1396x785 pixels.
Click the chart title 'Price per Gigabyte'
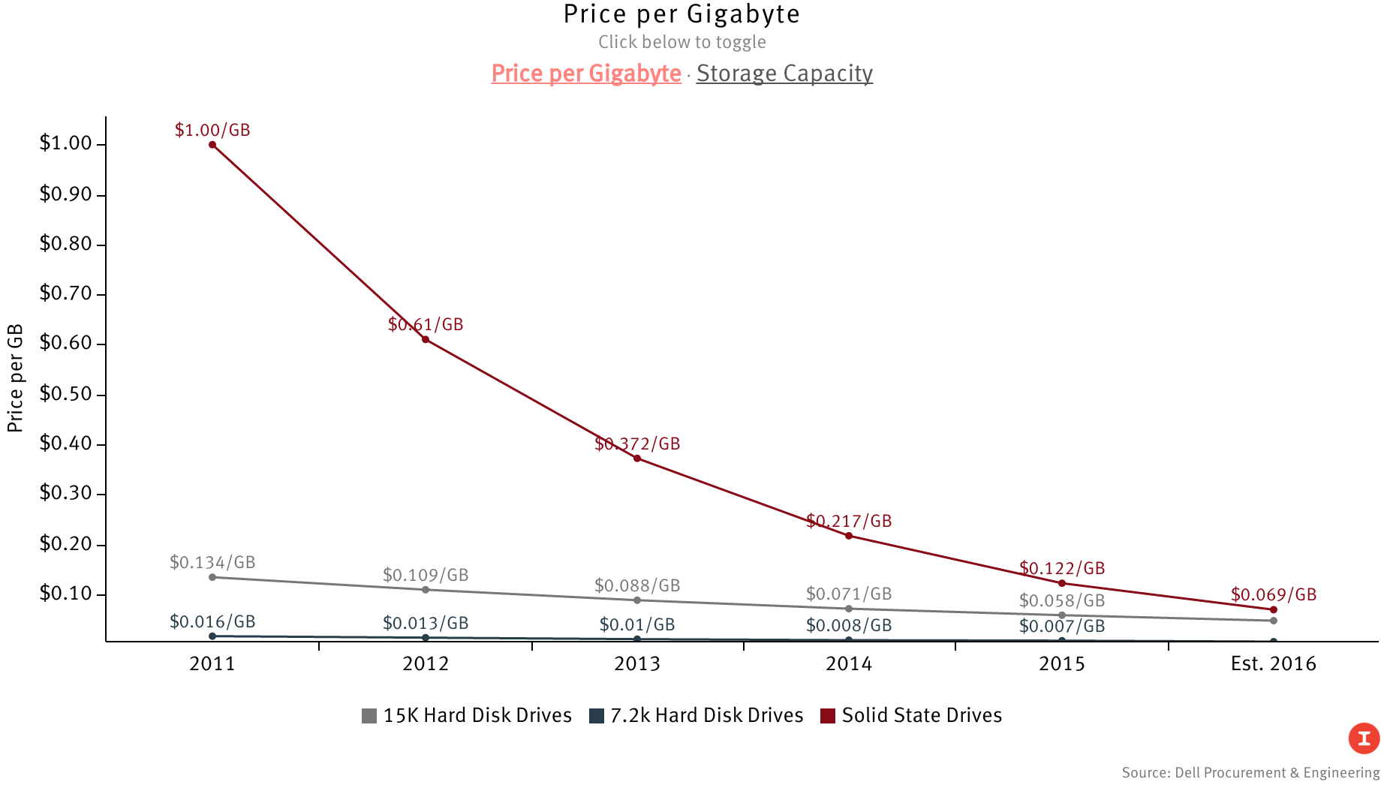pyautogui.click(x=681, y=14)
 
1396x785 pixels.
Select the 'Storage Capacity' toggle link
pyautogui.click(x=784, y=74)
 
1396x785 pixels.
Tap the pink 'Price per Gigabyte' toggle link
pyautogui.click(x=586, y=74)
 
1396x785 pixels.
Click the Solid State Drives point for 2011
pyautogui.click(x=212, y=145)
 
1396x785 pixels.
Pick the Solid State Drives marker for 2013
pyautogui.click(x=637, y=459)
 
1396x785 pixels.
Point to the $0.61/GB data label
pyautogui.click(x=426, y=324)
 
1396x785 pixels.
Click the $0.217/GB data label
pyautogui.click(x=849, y=521)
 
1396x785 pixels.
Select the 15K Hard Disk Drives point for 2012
pyautogui.click(x=426, y=590)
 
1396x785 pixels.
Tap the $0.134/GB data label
pyautogui.click(x=212, y=562)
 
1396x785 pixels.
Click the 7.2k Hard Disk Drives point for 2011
pyautogui.click(x=212, y=636)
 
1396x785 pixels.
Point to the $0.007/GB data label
pyautogui.click(x=1062, y=626)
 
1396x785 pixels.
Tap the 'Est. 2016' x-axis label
pyautogui.click(x=1273, y=663)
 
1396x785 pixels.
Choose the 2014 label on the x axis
pyautogui.click(x=849, y=663)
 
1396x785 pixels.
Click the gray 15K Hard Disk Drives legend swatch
pyautogui.click(x=369, y=716)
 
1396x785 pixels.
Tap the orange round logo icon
pyautogui.click(x=1364, y=738)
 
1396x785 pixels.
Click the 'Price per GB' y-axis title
pyautogui.click(x=15, y=378)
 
